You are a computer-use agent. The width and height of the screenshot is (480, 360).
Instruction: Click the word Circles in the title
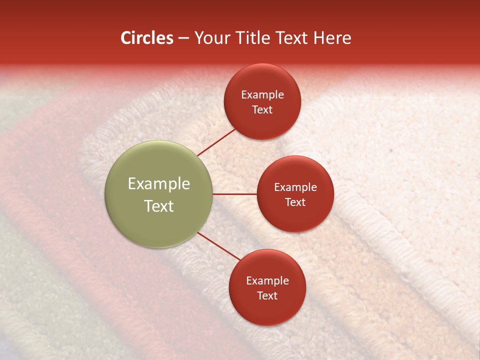coord(146,38)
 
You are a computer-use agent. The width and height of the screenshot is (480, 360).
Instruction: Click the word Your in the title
coord(211,38)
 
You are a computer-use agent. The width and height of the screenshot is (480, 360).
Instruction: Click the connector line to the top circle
coord(216,142)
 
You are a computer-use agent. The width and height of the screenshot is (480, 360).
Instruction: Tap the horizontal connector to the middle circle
coord(235,194)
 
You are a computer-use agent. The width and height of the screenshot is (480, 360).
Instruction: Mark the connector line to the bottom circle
coord(219,246)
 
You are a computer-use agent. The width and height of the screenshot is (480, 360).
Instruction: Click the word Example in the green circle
coord(159,184)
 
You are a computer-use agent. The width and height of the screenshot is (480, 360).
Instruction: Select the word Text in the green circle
coord(159,206)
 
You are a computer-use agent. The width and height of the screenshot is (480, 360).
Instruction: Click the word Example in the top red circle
coord(262,94)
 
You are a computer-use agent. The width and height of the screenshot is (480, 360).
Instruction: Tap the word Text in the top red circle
coord(262,109)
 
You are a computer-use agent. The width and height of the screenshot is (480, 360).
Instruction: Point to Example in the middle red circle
coord(295,187)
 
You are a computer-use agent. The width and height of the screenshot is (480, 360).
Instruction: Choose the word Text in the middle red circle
coord(295,202)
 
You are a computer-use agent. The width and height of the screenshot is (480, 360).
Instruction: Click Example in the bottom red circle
coord(267,280)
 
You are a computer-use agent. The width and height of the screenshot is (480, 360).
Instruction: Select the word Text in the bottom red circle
coord(267,295)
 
